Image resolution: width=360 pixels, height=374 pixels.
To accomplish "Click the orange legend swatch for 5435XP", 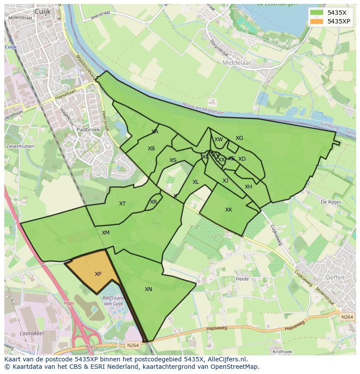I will click(x=317, y=21).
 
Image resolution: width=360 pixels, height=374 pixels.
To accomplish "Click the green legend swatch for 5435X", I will click(x=317, y=13).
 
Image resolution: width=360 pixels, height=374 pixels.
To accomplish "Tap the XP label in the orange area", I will click(x=98, y=274).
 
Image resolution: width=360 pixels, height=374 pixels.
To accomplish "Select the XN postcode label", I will click(x=148, y=289).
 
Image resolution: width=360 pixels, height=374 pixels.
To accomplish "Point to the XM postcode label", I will click(x=106, y=233).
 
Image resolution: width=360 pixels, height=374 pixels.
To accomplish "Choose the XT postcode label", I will click(x=122, y=204).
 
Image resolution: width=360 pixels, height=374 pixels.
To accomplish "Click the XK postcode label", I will click(x=229, y=210).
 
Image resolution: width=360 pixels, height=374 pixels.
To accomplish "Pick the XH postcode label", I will click(x=248, y=187).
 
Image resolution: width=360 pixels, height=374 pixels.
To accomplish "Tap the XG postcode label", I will click(x=239, y=138).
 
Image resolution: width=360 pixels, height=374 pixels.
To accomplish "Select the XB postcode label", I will click(x=151, y=149).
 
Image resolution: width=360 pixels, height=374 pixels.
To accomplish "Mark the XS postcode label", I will click(x=173, y=160).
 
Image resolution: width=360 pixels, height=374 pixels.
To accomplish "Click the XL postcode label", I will click(x=196, y=182).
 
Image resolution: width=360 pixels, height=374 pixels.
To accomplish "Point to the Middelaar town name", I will click(x=237, y=63).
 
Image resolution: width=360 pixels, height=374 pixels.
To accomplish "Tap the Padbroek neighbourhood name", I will click(x=88, y=129).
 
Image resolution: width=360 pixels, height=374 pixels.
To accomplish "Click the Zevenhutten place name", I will click(x=20, y=146).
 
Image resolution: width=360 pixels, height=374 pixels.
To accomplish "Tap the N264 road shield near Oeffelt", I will click(x=347, y=317).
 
